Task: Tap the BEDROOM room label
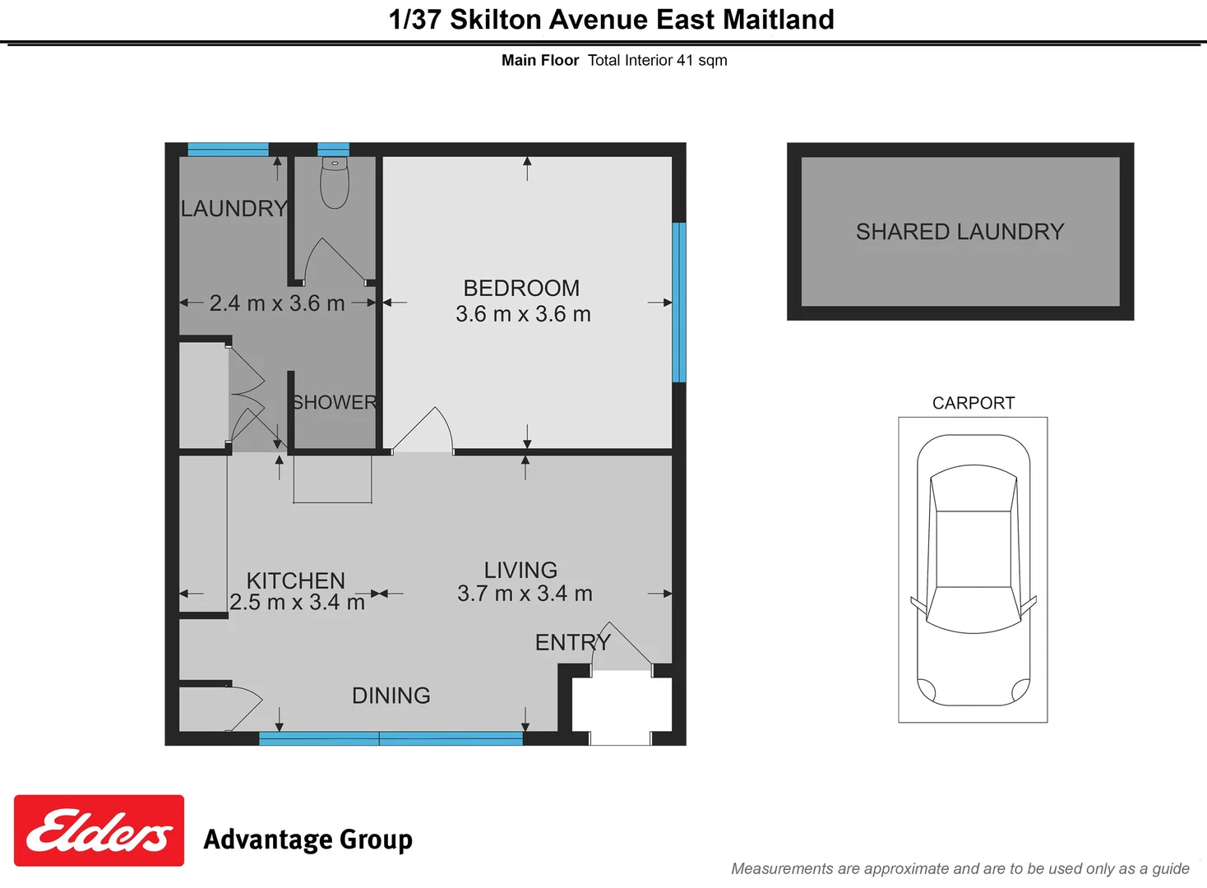(521, 288)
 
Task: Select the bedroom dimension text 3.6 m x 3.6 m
(523, 314)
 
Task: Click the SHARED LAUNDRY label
(960, 232)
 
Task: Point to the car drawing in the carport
(973, 570)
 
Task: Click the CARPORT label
(973, 403)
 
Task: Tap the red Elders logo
(99, 830)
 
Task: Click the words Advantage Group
(308, 839)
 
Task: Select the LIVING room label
(520, 570)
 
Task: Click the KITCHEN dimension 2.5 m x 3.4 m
(297, 603)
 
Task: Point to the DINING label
(391, 696)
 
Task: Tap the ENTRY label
(572, 642)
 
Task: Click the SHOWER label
(335, 402)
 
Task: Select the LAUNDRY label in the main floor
(234, 209)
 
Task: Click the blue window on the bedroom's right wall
(679, 302)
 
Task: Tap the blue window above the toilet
(333, 149)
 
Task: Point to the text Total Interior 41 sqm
(657, 60)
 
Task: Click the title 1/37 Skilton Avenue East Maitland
(611, 19)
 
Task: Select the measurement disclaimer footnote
(960, 868)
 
